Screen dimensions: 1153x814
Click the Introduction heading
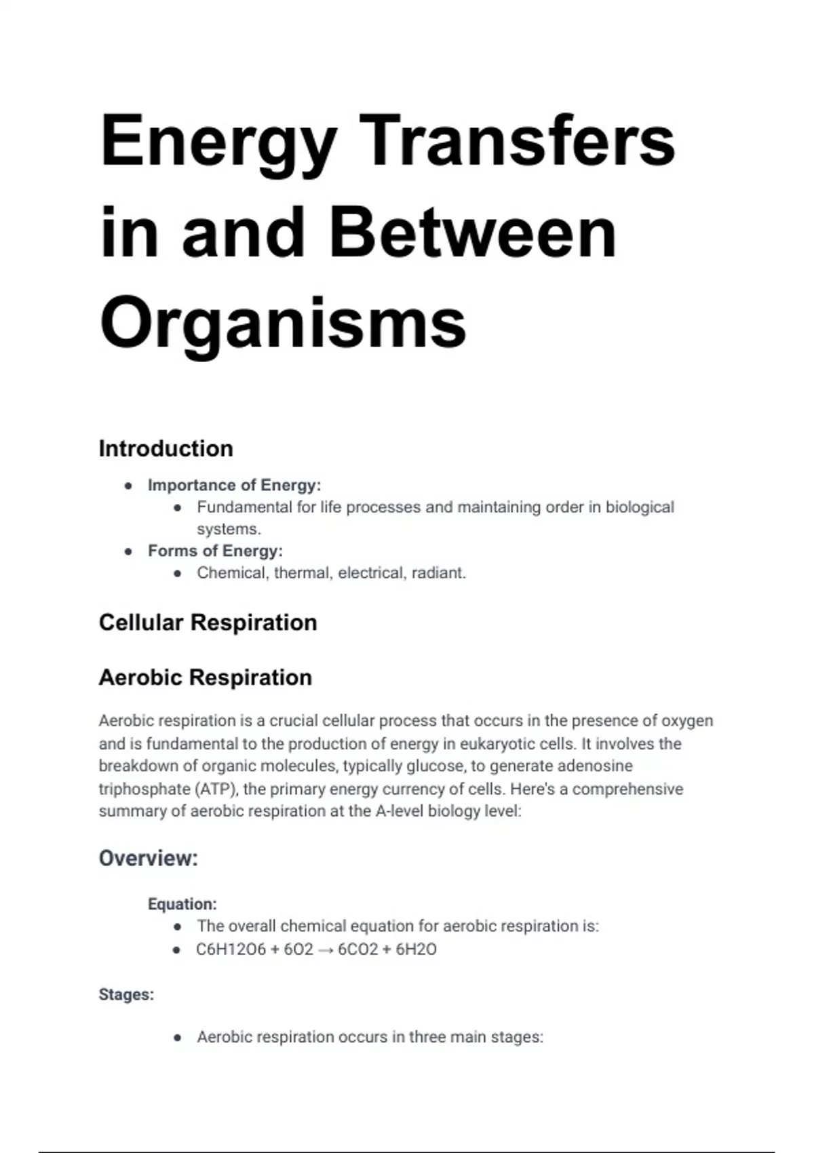point(166,448)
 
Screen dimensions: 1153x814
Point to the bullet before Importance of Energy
point(128,486)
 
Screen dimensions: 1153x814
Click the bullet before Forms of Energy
point(128,551)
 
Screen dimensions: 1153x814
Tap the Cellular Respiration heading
point(208,623)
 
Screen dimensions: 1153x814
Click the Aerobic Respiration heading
point(205,678)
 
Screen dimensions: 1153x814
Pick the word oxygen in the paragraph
point(686,721)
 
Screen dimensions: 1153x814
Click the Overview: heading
point(149,859)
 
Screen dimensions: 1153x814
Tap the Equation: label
point(182,904)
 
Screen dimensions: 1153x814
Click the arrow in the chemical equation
point(326,950)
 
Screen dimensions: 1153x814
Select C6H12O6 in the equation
point(231,950)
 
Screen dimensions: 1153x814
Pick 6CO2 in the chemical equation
point(357,950)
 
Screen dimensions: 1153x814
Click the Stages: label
point(126,995)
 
